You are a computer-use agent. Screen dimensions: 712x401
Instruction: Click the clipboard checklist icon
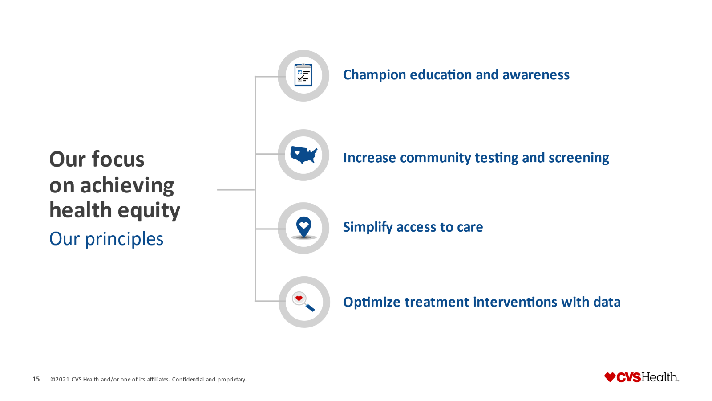click(x=303, y=75)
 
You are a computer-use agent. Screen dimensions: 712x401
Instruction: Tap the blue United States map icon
click(x=304, y=155)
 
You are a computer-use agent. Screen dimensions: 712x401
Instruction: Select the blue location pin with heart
click(x=304, y=227)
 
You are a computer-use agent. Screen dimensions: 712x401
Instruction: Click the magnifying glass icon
click(x=303, y=301)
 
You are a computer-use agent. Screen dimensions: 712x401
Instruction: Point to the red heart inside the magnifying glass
click(x=299, y=298)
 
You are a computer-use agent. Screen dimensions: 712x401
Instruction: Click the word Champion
click(x=374, y=75)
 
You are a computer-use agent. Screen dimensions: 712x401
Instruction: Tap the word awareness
click(x=536, y=75)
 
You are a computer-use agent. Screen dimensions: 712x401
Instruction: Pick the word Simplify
click(x=368, y=227)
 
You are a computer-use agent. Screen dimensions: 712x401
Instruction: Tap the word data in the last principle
click(x=607, y=302)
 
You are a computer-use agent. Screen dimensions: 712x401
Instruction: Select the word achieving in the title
click(x=127, y=185)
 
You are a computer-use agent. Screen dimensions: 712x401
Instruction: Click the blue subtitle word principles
click(x=124, y=239)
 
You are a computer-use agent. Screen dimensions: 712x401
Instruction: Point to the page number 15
click(x=36, y=379)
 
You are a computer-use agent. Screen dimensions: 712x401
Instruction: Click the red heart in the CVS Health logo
click(x=610, y=377)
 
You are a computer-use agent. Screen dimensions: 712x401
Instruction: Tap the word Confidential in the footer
click(x=188, y=379)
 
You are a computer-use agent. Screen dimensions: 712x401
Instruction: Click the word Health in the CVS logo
click(x=659, y=377)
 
